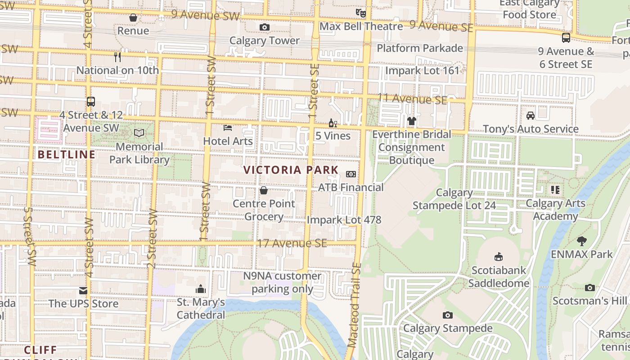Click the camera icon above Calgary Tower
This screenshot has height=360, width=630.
click(x=265, y=27)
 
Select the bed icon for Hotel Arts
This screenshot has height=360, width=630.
click(x=228, y=128)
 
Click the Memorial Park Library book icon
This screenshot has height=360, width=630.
click(x=139, y=133)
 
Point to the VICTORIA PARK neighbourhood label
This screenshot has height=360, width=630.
click(x=291, y=170)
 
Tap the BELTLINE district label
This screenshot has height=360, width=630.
click(x=67, y=155)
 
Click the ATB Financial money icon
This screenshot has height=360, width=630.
click(x=351, y=174)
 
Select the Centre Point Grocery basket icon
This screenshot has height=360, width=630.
click(x=264, y=191)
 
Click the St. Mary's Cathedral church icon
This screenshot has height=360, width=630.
click(x=201, y=289)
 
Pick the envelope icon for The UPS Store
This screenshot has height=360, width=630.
click(x=83, y=291)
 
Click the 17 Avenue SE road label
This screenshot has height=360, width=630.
click(x=292, y=243)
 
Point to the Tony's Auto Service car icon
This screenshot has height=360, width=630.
click(x=531, y=116)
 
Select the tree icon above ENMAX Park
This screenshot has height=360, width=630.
click(x=582, y=241)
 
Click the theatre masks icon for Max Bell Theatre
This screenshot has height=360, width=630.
click(x=360, y=13)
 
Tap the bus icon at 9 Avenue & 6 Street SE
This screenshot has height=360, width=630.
click(x=566, y=38)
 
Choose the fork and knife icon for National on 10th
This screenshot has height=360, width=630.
click(x=117, y=57)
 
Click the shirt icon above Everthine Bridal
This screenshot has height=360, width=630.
click(x=412, y=121)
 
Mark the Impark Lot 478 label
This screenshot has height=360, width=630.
click(x=344, y=220)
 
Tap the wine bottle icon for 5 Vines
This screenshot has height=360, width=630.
click(x=333, y=123)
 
